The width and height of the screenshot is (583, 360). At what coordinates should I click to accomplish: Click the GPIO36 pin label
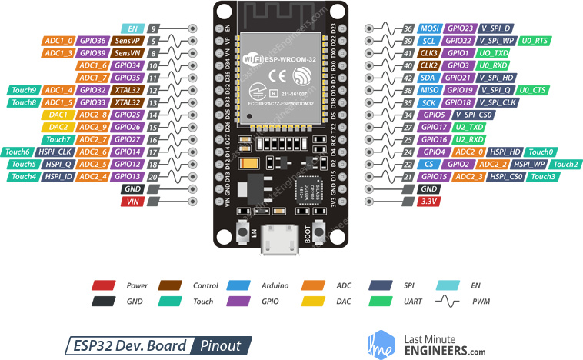92,40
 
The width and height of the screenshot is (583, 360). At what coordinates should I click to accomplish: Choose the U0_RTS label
535,40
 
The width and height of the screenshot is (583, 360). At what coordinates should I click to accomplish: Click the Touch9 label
22,90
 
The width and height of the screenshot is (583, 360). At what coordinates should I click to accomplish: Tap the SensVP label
127,40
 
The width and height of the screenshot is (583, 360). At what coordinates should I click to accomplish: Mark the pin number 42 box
408,78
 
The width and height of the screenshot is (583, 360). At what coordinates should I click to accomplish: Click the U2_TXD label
468,127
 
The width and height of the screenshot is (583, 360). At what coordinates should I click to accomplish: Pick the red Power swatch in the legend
103,285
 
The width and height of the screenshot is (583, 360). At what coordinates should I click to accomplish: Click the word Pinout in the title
221,345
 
